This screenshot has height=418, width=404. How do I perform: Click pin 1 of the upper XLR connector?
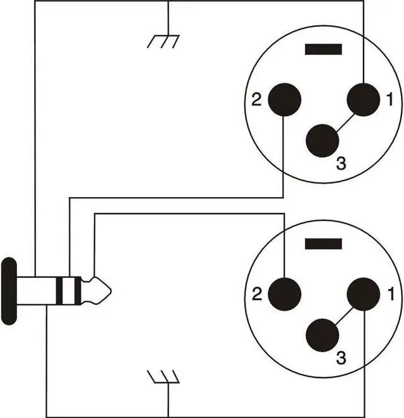[364, 100]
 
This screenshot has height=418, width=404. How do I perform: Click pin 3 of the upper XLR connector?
[323, 140]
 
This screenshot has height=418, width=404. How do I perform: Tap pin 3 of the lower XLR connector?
[323, 334]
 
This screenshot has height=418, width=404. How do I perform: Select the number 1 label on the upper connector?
[389, 99]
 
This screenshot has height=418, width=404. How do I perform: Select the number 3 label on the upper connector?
[341, 164]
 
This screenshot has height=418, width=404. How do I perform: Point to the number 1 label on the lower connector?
[391, 294]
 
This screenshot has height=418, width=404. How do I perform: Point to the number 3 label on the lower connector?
[341, 359]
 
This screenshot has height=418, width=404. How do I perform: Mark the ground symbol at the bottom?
[163, 378]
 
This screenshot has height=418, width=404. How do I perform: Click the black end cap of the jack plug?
[8, 291]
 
